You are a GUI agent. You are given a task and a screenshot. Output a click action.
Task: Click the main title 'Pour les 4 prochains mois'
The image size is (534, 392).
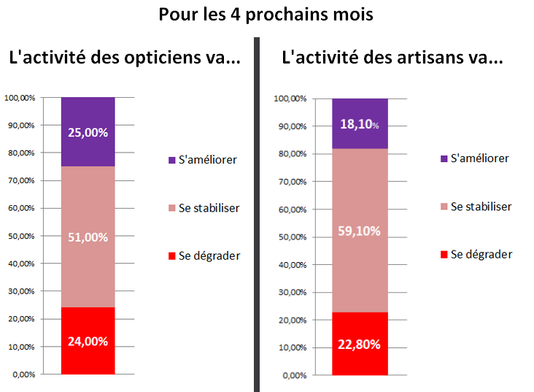tap(266, 15)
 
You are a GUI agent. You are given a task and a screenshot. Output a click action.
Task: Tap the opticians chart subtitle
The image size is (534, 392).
tap(124, 59)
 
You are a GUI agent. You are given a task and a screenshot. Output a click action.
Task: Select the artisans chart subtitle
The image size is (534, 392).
tap(392, 59)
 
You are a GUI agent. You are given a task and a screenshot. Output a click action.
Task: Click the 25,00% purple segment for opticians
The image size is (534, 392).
tap(88, 132)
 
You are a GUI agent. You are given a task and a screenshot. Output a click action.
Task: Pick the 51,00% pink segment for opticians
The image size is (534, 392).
tap(88, 237)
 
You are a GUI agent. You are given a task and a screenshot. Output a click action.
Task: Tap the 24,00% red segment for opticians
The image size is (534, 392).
tap(88, 341)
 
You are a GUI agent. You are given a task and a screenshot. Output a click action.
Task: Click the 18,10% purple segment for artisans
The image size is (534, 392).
tap(360, 123)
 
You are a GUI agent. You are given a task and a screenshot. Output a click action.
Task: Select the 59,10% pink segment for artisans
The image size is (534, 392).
tap(360, 231)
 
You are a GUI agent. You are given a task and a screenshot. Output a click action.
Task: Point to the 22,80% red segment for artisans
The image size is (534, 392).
tap(360, 344)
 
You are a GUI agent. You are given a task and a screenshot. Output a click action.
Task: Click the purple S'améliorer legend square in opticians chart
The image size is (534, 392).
tap(171, 160)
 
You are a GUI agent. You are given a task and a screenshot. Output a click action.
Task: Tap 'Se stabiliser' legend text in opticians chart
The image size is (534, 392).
tap(209, 208)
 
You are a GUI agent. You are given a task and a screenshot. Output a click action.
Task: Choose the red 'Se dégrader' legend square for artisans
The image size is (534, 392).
tap(444, 255)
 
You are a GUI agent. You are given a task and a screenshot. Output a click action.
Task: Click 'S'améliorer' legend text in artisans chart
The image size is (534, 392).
tap(479, 158)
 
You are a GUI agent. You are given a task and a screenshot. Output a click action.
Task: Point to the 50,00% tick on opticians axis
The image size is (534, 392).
tap(21, 236)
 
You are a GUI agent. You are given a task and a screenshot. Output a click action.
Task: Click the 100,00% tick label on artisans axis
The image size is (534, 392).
tap(289, 99)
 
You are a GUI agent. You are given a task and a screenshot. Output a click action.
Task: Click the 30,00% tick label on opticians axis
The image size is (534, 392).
tap(21, 291)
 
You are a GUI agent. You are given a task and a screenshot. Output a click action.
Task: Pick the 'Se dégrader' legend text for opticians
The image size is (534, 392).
tap(209, 255)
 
